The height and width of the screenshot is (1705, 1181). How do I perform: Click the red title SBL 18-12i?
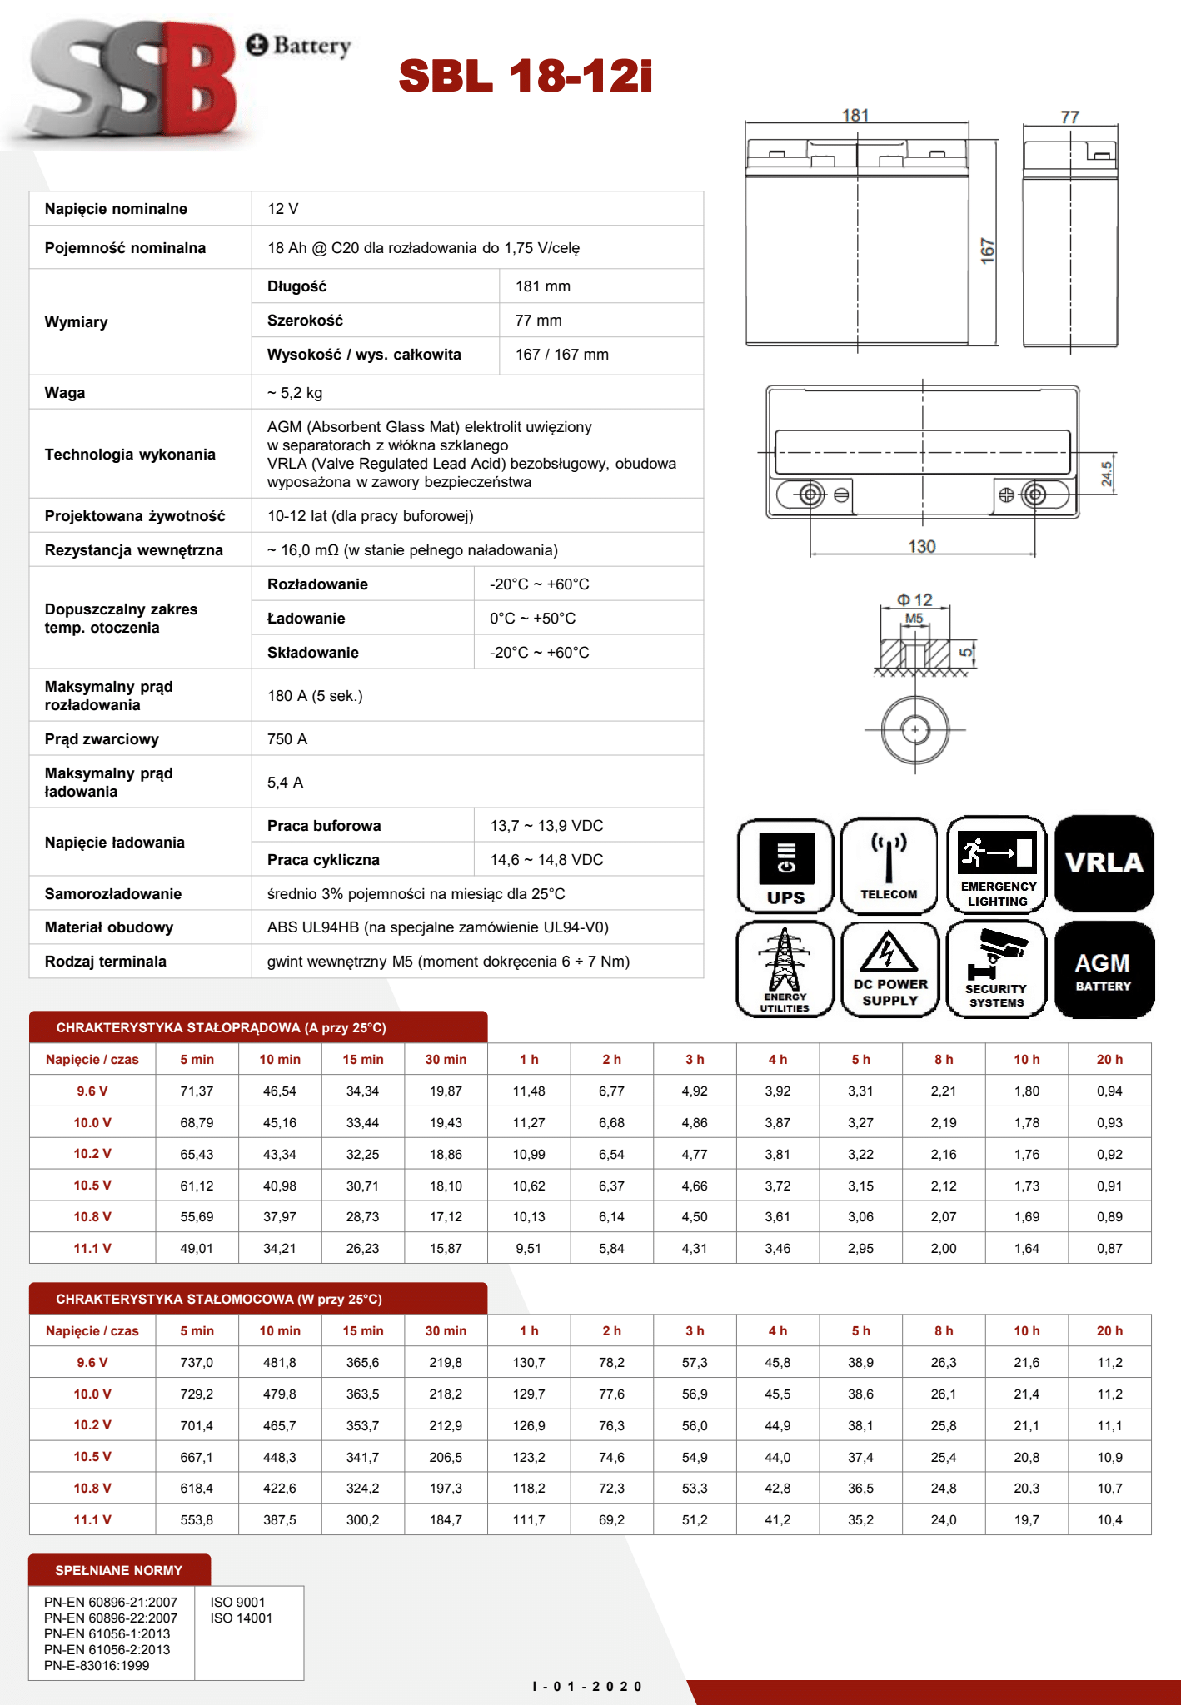pos(525,77)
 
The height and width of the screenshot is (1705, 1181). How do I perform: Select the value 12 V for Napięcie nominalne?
pos(283,209)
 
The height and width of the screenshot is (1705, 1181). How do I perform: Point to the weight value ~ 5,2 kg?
pos(295,393)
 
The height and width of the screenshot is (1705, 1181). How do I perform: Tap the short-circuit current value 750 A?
pos(287,739)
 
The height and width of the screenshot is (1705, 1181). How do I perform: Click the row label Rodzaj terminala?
pos(106,962)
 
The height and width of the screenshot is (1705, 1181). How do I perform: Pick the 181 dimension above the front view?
pos(855,116)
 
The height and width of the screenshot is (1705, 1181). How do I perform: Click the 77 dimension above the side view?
pos(1069,117)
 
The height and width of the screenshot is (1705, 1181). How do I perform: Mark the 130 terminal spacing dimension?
pos(921,546)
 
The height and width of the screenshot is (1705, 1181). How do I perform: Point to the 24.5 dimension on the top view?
pos(1106,474)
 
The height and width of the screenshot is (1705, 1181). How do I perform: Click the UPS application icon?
pos(785,866)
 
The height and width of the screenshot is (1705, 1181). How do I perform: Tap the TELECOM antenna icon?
pos(889,866)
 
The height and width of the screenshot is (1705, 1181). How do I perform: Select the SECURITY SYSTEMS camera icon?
pos(996,969)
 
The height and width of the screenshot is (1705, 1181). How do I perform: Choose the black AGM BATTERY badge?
pos(1104,970)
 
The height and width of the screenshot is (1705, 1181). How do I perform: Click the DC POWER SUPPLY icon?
pos(889,969)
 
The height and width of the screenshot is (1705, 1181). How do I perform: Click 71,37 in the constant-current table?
pos(197,1091)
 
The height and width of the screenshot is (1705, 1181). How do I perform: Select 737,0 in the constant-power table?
pos(197,1363)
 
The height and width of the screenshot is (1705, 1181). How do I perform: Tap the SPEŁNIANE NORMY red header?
pos(119,1570)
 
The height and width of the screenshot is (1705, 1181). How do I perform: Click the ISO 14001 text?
pos(242,1618)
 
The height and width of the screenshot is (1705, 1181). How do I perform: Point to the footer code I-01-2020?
pos(587,1687)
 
